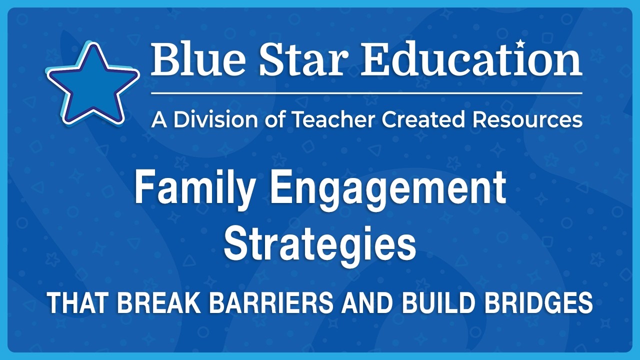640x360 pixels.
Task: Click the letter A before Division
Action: tap(158, 119)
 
